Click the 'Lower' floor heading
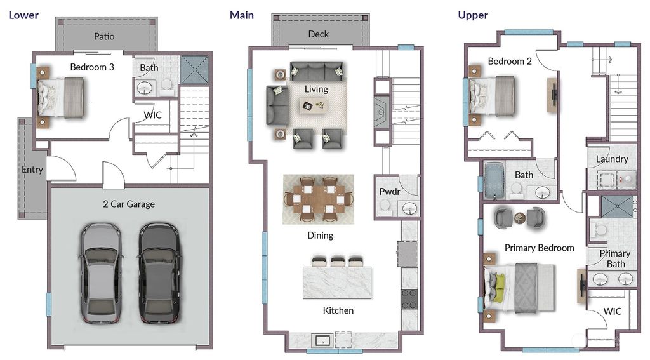click(x=23, y=15)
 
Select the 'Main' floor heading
click(x=242, y=15)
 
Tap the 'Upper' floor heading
click(x=473, y=15)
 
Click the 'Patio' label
click(x=104, y=36)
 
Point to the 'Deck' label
click(x=319, y=34)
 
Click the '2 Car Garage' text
click(x=129, y=204)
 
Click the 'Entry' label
click(x=32, y=170)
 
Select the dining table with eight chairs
click(x=318, y=199)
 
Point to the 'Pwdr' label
click(x=389, y=190)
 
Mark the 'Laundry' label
click(x=612, y=159)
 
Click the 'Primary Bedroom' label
click(x=539, y=248)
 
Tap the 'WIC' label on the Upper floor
click(x=612, y=312)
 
